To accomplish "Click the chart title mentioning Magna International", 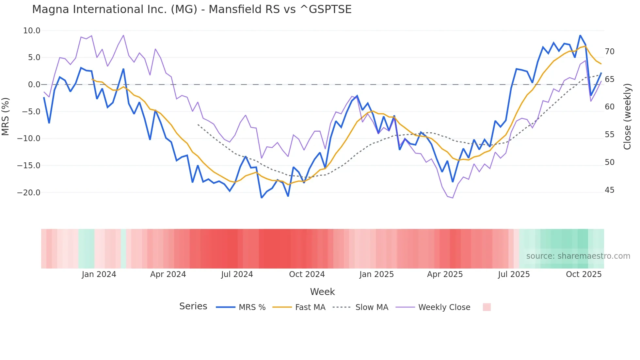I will [192, 9].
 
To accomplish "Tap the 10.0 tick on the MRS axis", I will [32, 31].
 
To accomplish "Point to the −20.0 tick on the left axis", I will [29, 193].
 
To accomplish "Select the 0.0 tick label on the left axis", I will [34, 85].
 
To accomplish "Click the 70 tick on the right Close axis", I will [609, 52].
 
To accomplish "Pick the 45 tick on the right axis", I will [609, 190].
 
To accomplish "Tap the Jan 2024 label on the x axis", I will [99, 274].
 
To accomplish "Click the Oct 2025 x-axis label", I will [584, 274].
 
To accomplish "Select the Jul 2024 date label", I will [237, 274].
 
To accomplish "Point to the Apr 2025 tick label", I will [445, 274].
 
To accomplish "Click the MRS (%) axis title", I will [6, 116].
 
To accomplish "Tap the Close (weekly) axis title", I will [627, 117].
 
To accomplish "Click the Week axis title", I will [322, 292].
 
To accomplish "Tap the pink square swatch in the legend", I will [487, 307].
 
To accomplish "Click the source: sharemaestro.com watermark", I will [578, 256].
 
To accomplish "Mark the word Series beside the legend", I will [193, 306].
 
